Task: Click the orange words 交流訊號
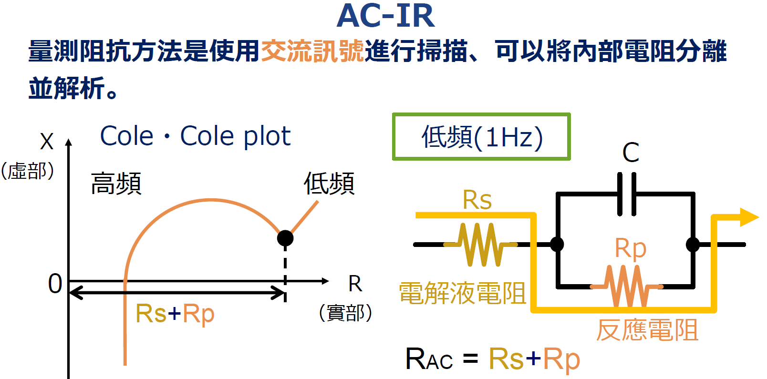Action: point(312,51)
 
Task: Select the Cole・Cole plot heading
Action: point(195,136)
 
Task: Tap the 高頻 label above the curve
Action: point(116,184)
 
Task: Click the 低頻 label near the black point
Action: point(329,184)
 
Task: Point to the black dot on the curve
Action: point(285,237)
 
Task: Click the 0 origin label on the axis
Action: point(55,284)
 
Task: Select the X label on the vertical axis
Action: point(47,142)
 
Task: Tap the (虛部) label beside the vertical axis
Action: point(27,171)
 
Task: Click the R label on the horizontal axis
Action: point(355,284)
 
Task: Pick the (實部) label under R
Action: point(345,313)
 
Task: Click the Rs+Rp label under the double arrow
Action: point(175,314)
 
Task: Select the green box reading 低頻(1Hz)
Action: point(481,137)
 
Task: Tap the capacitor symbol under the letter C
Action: point(626,194)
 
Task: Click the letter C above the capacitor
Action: point(631,153)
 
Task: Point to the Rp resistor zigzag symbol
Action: point(626,286)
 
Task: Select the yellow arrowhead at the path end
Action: point(748,217)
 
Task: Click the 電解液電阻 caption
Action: point(462,293)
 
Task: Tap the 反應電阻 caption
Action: point(647,330)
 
